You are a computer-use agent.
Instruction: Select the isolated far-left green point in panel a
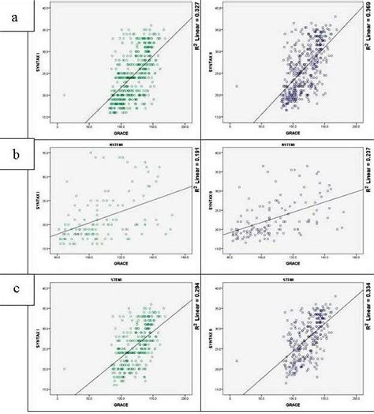pyautogui.click(x=65, y=95)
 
